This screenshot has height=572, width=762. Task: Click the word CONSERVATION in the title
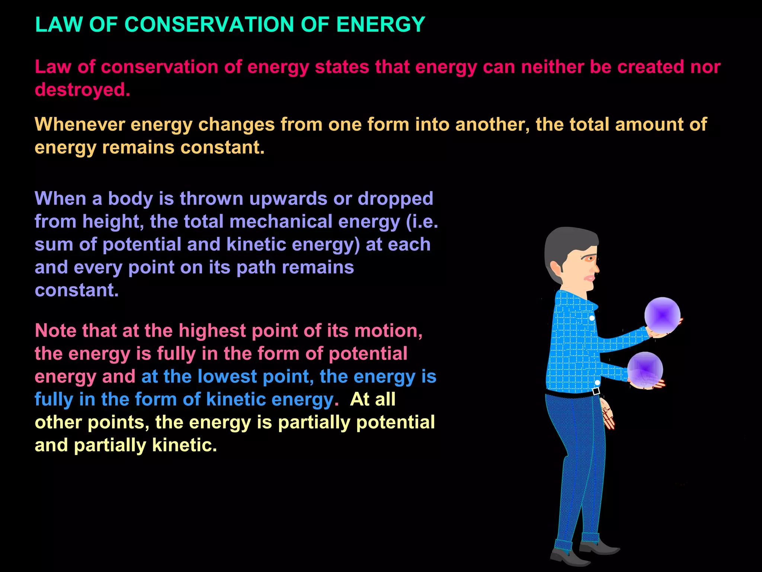(x=209, y=25)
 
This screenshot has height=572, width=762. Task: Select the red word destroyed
(x=82, y=90)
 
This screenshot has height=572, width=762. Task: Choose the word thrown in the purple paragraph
(x=212, y=198)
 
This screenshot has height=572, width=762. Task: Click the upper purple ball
(x=662, y=315)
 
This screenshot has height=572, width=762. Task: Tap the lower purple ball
(x=645, y=369)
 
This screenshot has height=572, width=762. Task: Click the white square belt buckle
(x=596, y=391)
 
